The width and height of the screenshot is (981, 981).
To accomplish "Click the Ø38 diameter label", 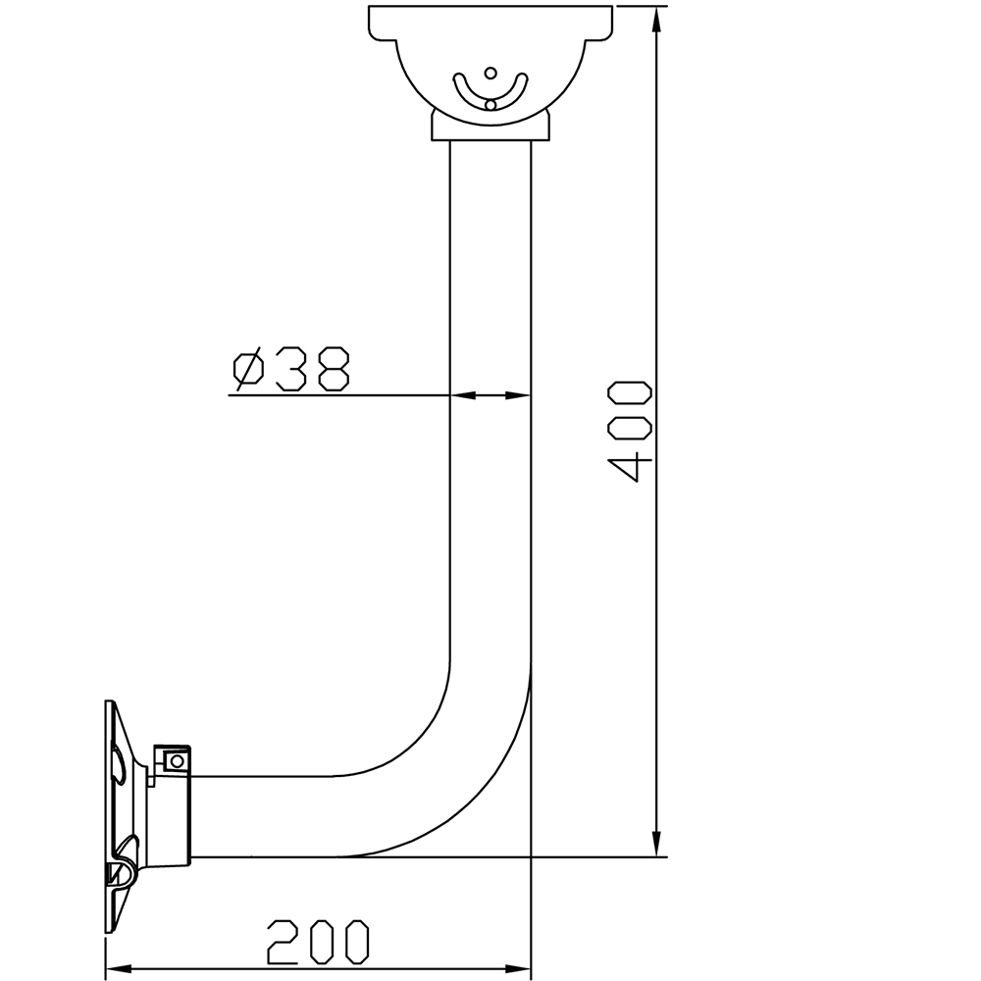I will pos(291,369).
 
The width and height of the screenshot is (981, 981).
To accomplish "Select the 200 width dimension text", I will pos(319,942).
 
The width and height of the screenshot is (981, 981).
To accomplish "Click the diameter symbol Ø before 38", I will pos(248,369).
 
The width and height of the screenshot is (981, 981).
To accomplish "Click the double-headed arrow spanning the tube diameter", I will pos(490,395).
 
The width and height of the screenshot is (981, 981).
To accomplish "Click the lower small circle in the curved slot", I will pos(490,103).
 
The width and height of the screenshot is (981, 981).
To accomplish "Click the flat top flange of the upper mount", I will pos(490,20).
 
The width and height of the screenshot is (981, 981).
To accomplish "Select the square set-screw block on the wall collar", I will pos(176,760).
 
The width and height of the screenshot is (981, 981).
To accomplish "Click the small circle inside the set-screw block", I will pos(177,760).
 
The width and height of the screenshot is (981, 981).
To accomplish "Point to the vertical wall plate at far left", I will pos(109,814).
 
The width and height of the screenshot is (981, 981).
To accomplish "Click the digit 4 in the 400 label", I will pos(629,466).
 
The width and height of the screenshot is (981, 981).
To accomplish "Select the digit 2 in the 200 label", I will pos(284,942).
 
